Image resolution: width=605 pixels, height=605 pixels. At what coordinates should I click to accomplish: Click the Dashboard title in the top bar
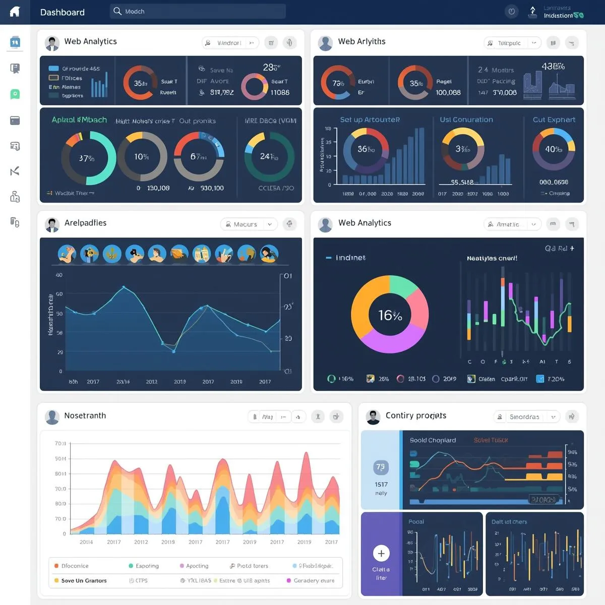coord(62,12)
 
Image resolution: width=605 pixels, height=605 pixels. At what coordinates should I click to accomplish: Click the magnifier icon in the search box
coord(117,11)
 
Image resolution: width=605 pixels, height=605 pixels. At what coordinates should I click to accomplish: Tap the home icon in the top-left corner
coord(15,12)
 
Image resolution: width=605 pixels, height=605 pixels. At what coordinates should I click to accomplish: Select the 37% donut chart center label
coord(87,158)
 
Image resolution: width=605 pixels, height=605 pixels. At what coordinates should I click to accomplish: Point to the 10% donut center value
coord(142,157)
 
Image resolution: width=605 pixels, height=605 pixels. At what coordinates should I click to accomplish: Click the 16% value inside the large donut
coord(390,316)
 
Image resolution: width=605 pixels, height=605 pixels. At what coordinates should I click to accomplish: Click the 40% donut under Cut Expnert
coord(553,149)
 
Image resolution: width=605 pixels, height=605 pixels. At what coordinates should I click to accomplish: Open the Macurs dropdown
coord(249,224)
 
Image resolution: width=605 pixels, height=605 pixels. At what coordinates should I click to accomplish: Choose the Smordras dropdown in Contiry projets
coord(526,417)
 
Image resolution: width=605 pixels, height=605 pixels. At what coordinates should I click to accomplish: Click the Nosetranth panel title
coord(85,415)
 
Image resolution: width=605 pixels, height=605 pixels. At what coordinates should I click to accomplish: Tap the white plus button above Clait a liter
coord(381,554)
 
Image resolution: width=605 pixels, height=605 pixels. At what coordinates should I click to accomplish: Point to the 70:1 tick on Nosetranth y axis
coord(60,444)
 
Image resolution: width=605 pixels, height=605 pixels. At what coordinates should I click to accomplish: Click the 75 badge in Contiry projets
coord(381,467)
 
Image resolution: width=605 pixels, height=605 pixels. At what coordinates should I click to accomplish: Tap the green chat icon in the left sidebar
coord(15,94)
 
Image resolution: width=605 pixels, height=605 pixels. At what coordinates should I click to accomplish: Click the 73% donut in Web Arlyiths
coord(338,83)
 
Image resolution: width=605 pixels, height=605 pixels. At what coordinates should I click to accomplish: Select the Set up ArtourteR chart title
coord(370,119)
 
